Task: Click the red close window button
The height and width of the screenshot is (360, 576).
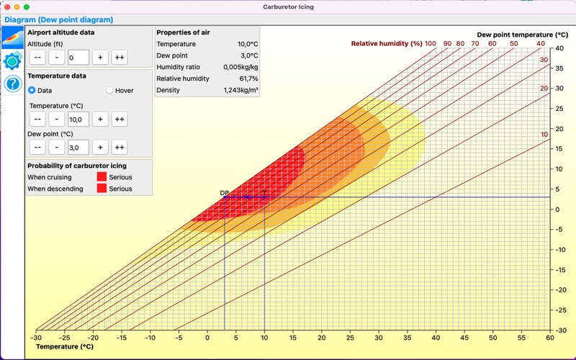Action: click(7, 7)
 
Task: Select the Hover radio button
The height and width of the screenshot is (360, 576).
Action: click(109, 91)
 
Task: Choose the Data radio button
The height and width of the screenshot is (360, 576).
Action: click(32, 91)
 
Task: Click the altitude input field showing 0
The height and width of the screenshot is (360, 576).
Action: click(78, 58)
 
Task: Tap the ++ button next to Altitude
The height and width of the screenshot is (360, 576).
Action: click(120, 58)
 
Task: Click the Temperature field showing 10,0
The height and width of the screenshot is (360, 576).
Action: click(78, 120)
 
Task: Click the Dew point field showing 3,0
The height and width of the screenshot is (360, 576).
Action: click(78, 148)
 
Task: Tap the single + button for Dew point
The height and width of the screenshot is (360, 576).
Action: click(100, 148)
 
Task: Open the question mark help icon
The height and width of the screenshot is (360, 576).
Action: click(12, 84)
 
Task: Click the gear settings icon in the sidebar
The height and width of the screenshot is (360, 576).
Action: click(12, 60)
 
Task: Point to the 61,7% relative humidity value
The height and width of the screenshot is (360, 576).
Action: click(248, 78)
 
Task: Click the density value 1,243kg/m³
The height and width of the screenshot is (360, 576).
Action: click(240, 90)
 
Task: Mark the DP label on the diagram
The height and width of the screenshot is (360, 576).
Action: click(224, 193)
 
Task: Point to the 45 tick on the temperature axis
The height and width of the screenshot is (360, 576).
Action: click(464, 338)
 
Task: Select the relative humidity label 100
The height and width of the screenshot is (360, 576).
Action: click(430, 44)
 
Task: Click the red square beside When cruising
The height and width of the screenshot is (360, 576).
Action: click(102, 176)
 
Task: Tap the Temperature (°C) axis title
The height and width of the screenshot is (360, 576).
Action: click(65, 347)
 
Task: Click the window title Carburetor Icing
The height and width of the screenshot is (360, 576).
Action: click(289, 7)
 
